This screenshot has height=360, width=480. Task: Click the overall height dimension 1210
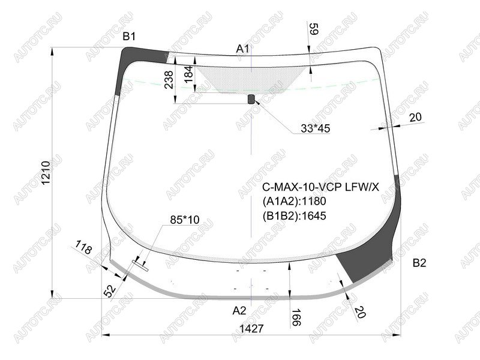[x=46, y=173]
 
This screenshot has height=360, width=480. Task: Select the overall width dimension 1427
[x=251, y=328]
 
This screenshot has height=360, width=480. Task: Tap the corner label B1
[x=129, y=37]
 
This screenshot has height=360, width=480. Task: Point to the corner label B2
[x=419, y=263]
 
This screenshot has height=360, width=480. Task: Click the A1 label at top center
[x=243, y=49]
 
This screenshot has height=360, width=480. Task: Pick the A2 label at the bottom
[x=239, y=311]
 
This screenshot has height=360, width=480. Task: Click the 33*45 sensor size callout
[x=316, y=128]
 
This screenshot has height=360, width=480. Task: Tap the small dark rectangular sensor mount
[x=251, y=99]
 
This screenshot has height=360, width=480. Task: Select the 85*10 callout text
[x=185, y=220]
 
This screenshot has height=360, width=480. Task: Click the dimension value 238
[x=169, y=80]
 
